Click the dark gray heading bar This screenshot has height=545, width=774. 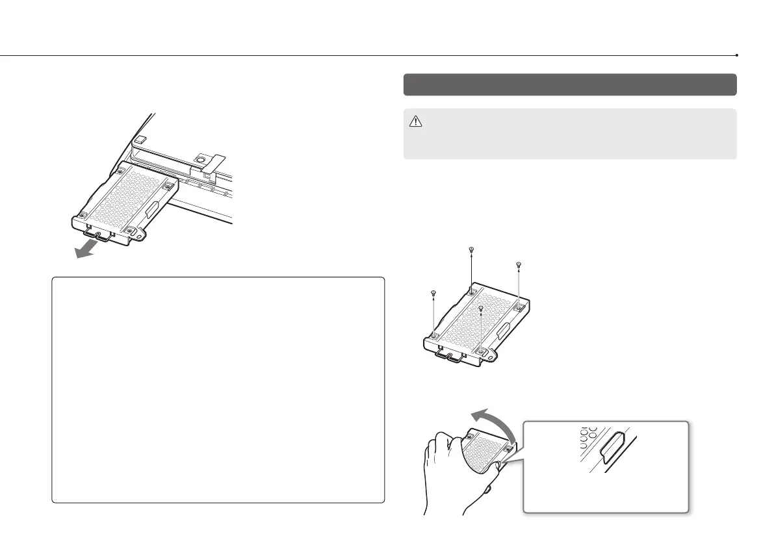pyautogui.click(x=569, y=84)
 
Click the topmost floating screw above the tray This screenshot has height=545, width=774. pyautogui.click(x=471, y=249)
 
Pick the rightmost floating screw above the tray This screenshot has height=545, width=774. pyautogui.click(x=519, y=264)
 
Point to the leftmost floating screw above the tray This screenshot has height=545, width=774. pyautogui.click(x=432, y=294)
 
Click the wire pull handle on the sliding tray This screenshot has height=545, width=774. pyautogui.click(x=97, y=231)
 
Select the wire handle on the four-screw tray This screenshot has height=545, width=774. pyautogui.click(x=449, y=355)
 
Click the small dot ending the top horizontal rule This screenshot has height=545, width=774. pyautogui.click(x=737, y=55)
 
